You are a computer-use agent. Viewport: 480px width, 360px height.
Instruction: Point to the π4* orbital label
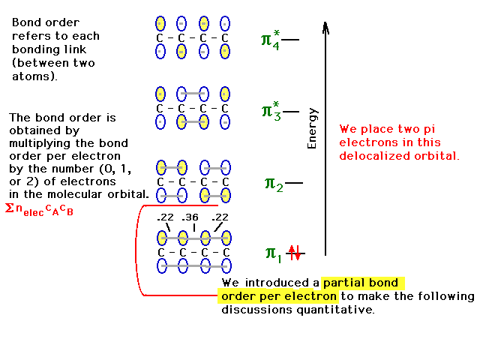click(x=270, y=38)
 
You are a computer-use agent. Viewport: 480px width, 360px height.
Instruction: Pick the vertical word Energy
click(x=313, y=127)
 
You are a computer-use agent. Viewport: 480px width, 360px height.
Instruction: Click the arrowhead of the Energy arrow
click(x=325, y=27)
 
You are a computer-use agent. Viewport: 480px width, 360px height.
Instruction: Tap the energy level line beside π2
click(x=294, y=182)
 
